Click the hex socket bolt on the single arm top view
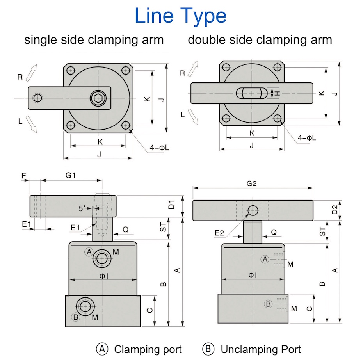[98, 98]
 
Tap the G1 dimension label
[70, 175]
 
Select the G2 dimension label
[251, 183]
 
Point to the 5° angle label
[82, 208]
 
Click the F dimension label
[23, 176]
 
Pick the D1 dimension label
[171, 205]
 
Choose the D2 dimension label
[335, 210]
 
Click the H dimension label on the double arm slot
[278, 93]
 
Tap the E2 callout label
[219, 233]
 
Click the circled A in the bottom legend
[102, 349]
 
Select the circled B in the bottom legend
[208, 349]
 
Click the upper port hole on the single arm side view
[102, 258]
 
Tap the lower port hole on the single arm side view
[85, 306]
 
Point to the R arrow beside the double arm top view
[193, 69]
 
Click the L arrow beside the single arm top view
[31, 125]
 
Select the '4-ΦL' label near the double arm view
[307, 138]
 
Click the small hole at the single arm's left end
[37, 98]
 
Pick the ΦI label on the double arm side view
[253, 275]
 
